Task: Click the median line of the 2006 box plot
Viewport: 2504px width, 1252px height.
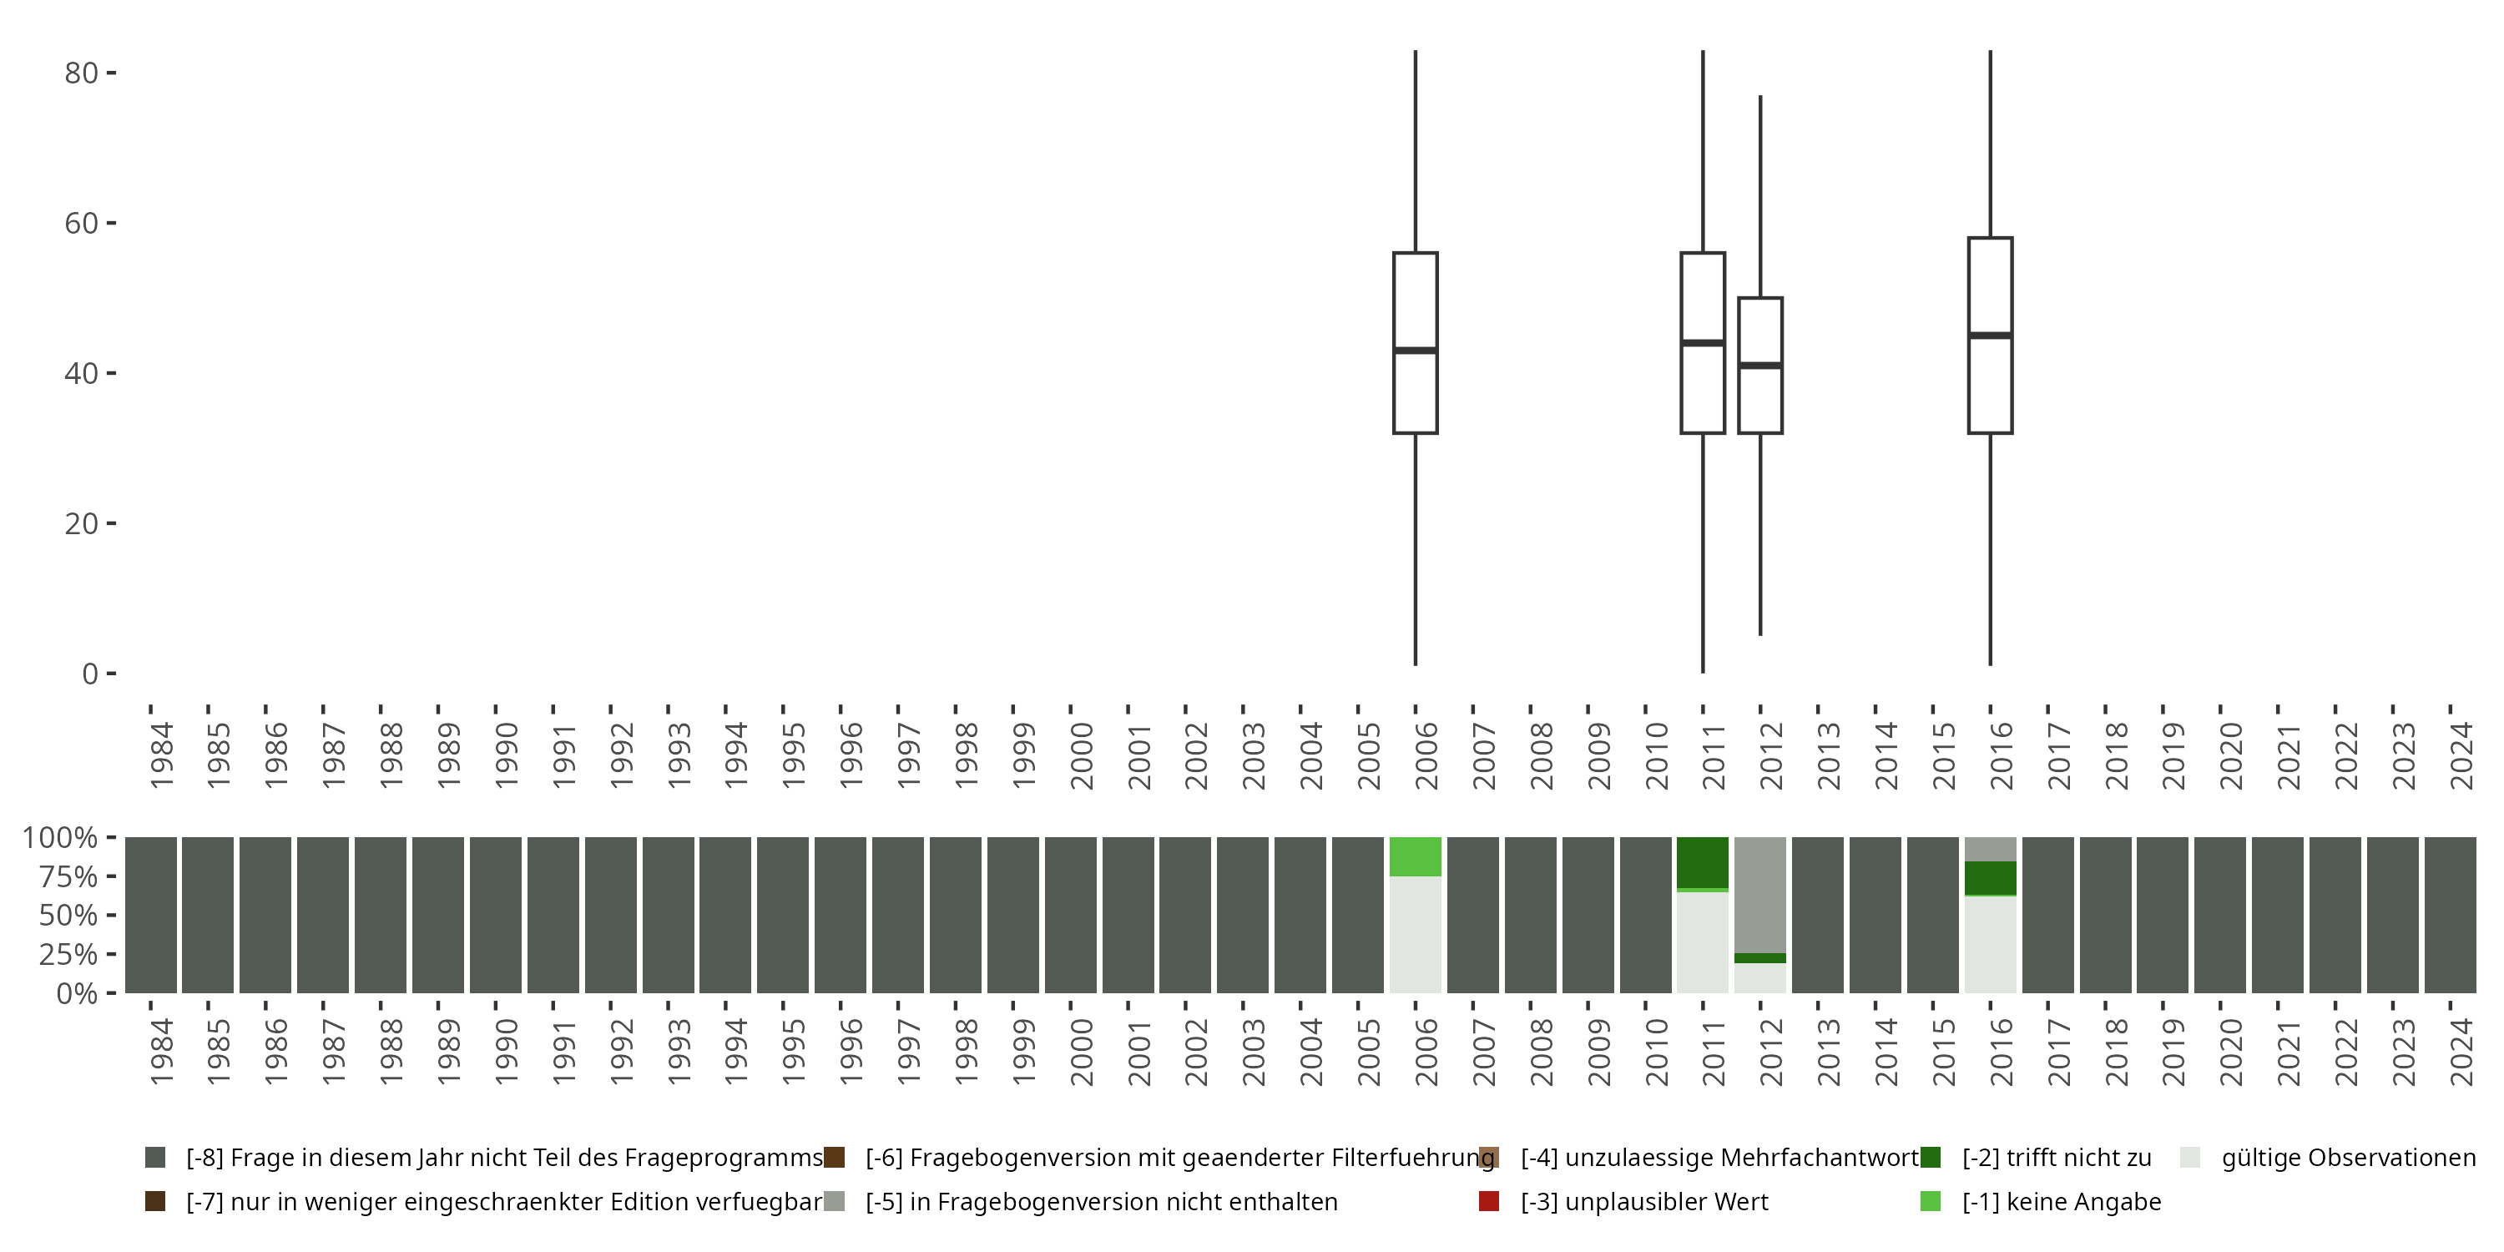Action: point(1416,350)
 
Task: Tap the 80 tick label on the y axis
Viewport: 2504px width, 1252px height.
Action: point(81,73)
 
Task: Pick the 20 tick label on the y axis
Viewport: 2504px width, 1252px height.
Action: point(81,524)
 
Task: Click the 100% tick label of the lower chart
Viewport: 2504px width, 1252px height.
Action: point(59,838)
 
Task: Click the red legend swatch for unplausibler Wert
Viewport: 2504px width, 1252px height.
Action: point(1488,1201)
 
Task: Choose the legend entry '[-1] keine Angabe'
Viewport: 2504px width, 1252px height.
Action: point(2061,1201)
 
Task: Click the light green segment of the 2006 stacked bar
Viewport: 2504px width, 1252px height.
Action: point(1416,856)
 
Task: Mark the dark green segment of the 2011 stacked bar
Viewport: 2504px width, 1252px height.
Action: point(1703,861)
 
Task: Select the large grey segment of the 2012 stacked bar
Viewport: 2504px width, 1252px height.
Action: point(1760,894)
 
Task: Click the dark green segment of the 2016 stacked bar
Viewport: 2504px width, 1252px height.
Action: point(1991,878)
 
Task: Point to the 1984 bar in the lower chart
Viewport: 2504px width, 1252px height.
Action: point(151,915)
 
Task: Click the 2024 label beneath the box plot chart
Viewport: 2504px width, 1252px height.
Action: point(2462,756)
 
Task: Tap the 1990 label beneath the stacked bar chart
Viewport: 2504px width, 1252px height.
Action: point(507,1052)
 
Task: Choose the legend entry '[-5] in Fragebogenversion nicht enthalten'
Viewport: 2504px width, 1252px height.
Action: point(1101,1201)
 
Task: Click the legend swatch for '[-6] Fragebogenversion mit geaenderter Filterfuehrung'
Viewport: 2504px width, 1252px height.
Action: point(834,1158)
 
